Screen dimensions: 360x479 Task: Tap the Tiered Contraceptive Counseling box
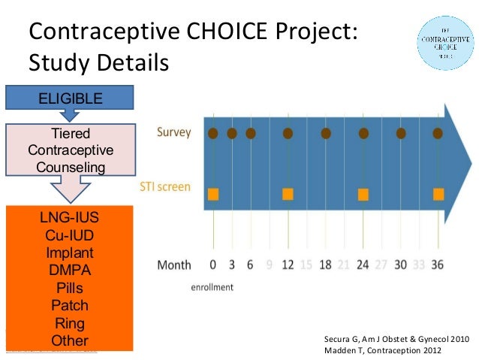click(x=71, y=150)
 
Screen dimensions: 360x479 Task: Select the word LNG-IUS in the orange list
click(x=70, y=219)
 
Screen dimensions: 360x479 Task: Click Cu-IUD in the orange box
click(x=70, y=236)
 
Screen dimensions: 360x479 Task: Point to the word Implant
click(x=70, y=253)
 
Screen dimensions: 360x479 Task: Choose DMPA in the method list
click(x=70, y=271)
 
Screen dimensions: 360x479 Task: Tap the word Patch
click(x=70, y=305)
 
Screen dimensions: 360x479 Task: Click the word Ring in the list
click(x=70, y=323)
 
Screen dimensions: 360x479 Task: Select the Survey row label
click(x=173, y=133)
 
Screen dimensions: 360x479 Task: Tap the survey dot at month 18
click(x=326, y=134)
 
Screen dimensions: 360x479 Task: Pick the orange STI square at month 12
click(x=288, y=194)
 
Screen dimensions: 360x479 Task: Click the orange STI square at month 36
click(x=438, y=194)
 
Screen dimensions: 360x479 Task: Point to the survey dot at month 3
click(x=232, y=134)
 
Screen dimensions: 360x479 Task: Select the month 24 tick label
click(x=363, y=265)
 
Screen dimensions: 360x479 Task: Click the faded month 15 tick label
click(x=306, y=265)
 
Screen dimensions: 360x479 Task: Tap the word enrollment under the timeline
click(x=212, y=286)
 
